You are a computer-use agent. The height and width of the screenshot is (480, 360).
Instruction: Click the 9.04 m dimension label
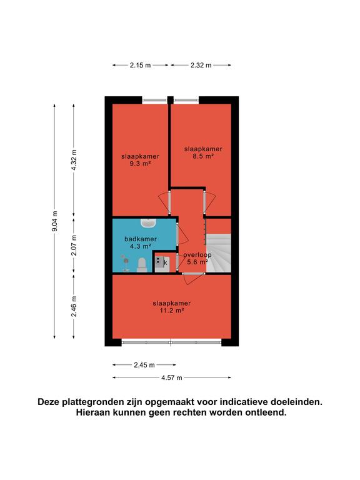55,221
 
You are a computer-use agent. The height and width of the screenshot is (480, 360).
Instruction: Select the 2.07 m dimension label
74,246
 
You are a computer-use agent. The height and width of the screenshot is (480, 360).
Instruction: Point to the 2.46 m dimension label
74,306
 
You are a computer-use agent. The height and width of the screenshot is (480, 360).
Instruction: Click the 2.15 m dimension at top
140,65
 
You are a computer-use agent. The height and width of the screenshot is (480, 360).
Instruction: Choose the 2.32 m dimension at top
201,65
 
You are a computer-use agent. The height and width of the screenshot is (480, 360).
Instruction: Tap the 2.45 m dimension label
144,365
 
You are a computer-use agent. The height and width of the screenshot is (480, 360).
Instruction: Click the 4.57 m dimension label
172,377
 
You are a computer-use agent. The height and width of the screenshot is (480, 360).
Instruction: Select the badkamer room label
141,239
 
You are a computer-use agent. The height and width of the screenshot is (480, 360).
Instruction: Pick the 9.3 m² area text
140,164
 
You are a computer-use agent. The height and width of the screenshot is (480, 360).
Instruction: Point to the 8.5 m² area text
203,156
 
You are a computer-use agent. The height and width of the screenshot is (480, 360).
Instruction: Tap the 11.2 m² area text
172,311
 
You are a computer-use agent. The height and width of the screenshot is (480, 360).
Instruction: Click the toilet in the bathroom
142,265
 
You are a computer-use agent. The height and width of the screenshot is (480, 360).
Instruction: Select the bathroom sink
149,223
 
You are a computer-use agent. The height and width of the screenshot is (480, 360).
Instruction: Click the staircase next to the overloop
219,253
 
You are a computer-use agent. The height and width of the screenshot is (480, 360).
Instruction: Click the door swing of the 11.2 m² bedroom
193,279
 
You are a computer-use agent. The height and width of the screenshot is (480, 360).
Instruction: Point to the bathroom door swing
183,234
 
